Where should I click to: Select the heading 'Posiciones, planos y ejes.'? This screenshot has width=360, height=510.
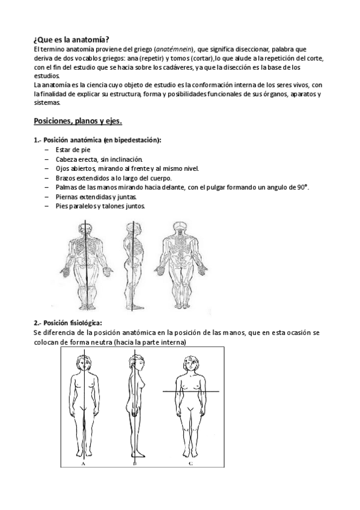point(78,121)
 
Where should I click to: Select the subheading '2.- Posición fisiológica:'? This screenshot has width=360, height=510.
point(68,322)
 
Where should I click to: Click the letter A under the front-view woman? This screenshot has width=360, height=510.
point(82,464)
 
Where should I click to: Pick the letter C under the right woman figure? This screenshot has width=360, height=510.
point(191,464)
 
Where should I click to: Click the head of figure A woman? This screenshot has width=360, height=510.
point(82,363)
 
